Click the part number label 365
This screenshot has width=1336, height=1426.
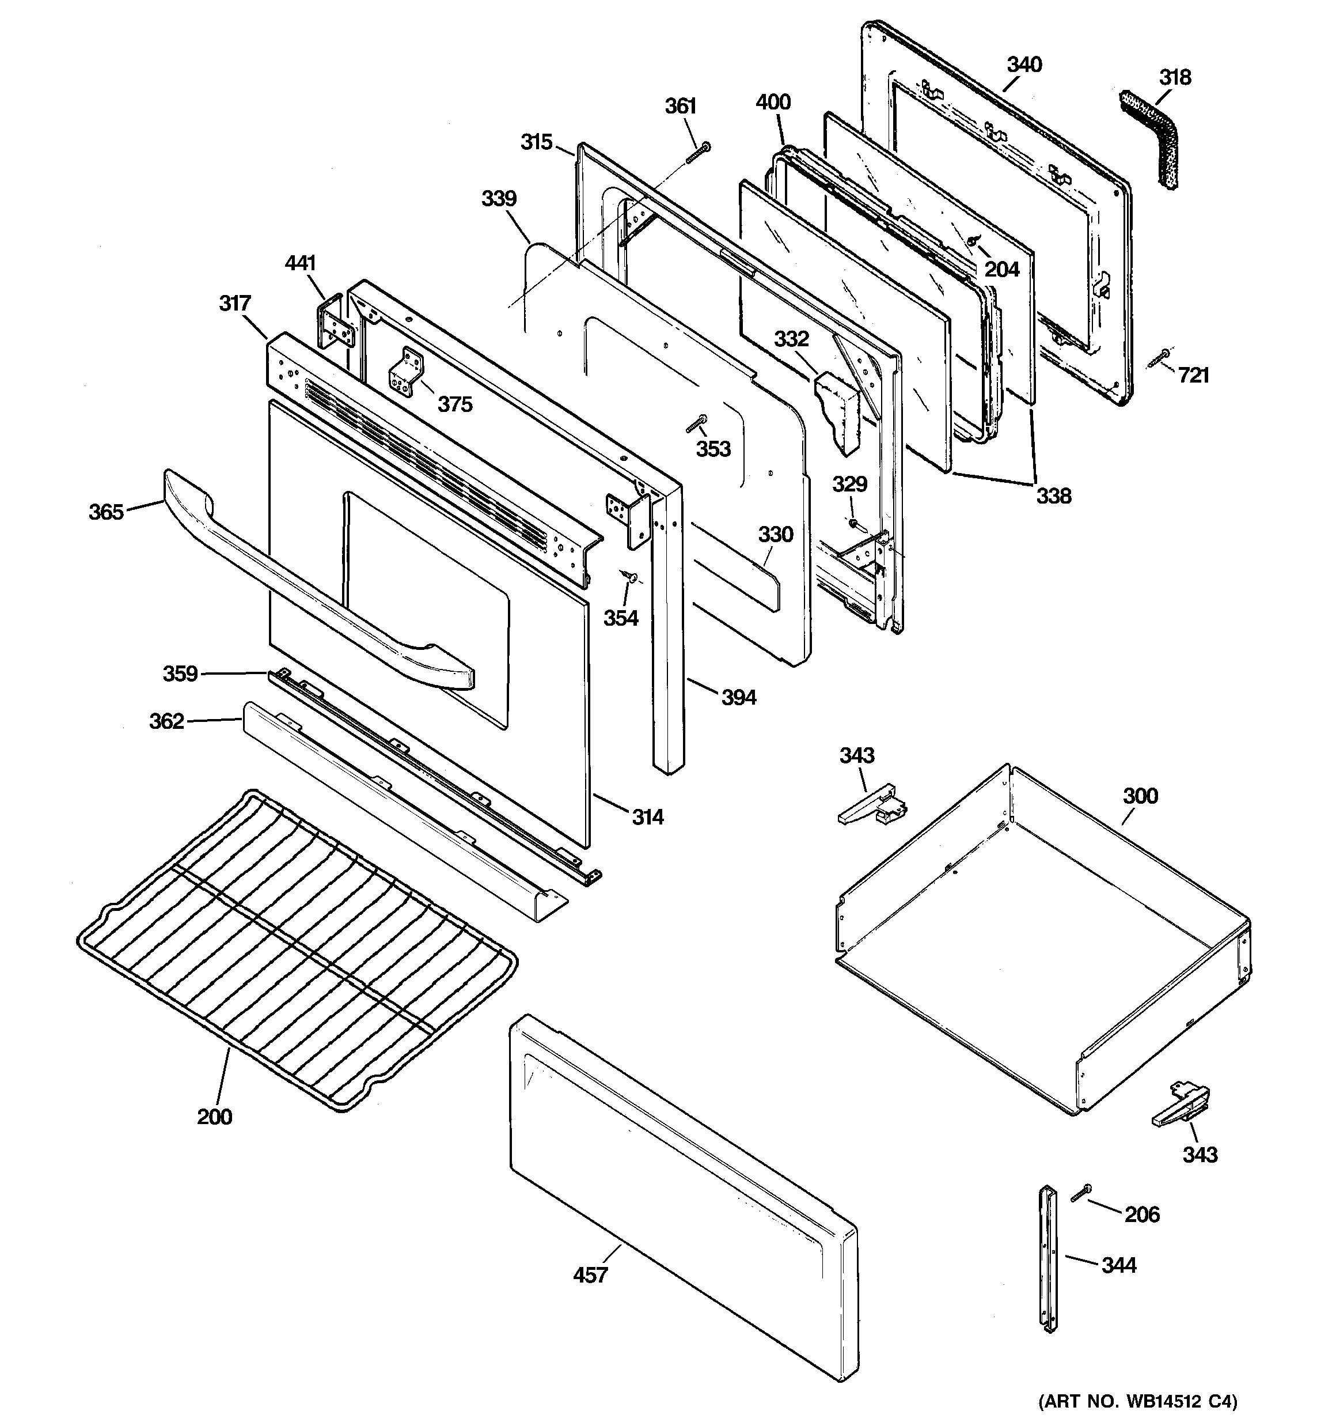(106, 512)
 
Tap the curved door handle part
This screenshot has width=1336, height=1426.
(316, 595)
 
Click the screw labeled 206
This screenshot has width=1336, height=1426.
(1081, 1194)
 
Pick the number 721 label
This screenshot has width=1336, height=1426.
(1193, 375)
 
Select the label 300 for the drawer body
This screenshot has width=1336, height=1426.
(1140, 796)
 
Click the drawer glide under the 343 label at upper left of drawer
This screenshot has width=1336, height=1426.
(872, 806)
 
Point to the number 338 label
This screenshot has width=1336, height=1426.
(1053, 495)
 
